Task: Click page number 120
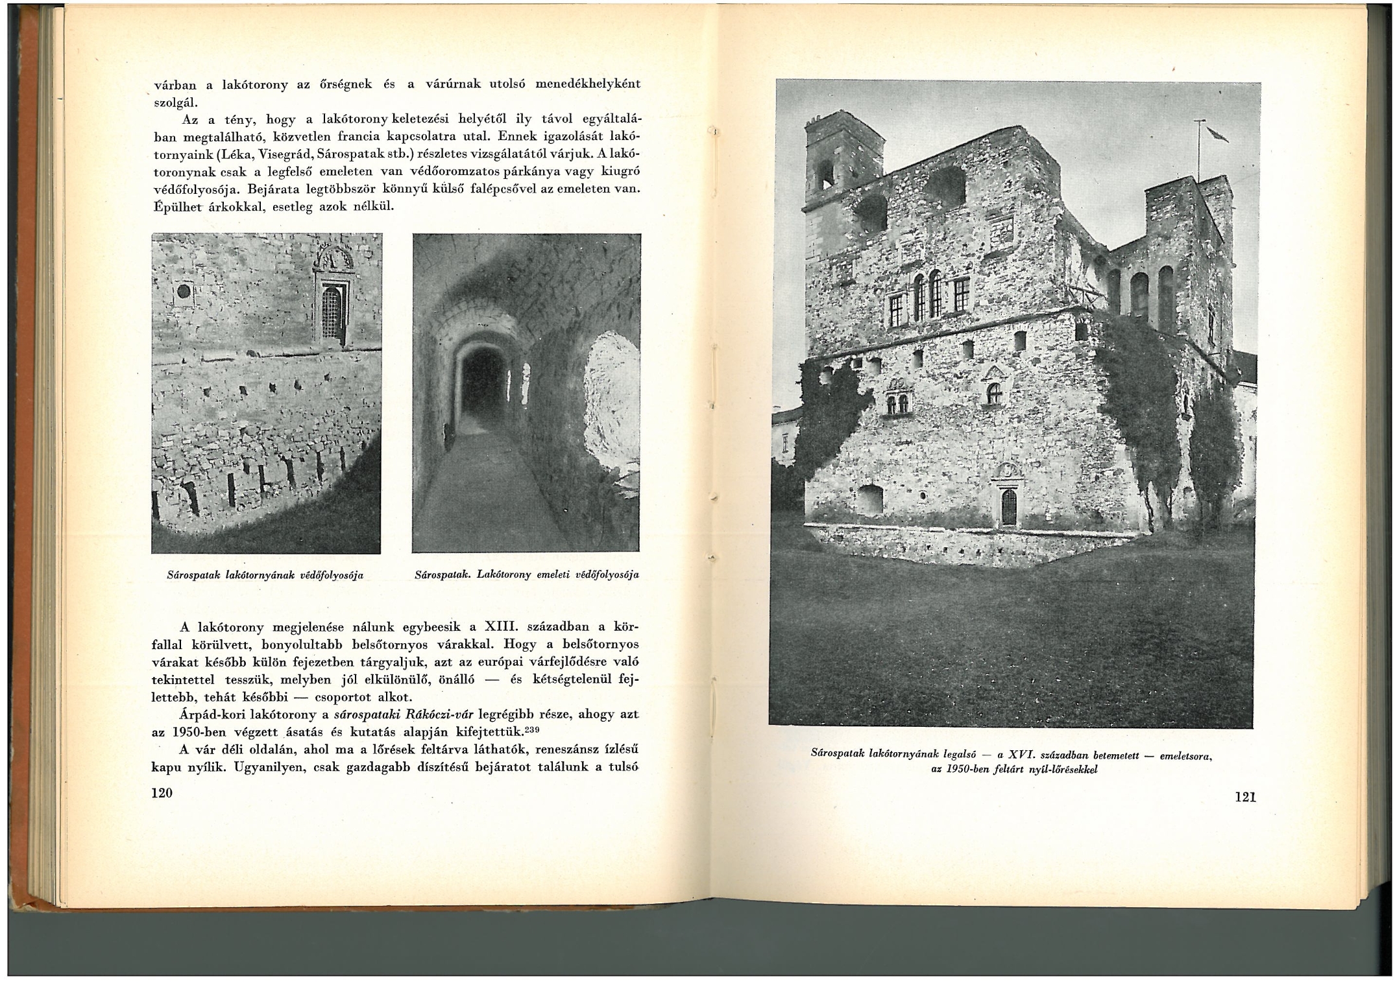[162, 793]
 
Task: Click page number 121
[1245, 798]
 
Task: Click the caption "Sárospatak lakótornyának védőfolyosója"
[265, 575]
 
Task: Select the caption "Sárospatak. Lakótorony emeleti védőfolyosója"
[526, 574]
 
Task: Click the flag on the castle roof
[1217, 134]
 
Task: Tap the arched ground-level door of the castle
[1008, 507]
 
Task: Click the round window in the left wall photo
[184, 290]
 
